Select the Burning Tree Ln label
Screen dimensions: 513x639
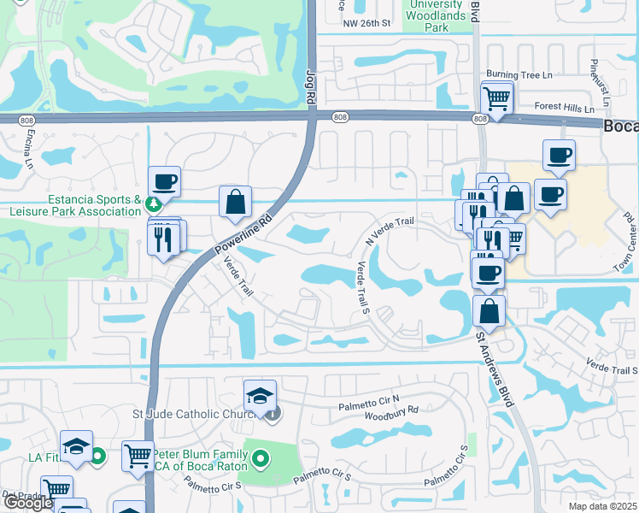(x=520, y=75)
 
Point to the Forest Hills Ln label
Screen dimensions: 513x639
(x=564, y=109)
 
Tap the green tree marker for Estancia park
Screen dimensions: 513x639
(x=154, y=205)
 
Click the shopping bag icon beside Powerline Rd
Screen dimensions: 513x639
(x=236, y=203)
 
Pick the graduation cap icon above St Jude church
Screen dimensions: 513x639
(x=260, y=396)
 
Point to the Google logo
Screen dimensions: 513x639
(x=27, y=503)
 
